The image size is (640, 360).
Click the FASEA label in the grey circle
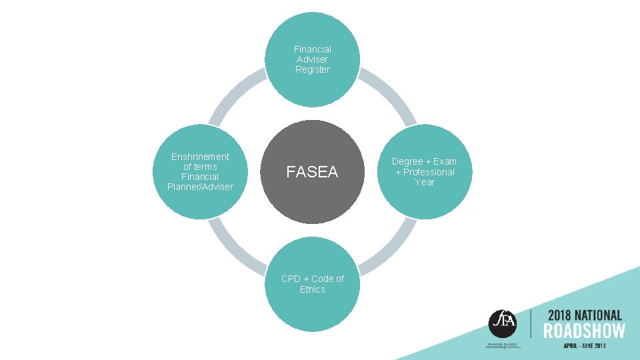click(312, 172)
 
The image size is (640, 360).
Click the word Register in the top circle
click(313, 69)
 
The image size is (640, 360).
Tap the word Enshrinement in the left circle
click(200, 157)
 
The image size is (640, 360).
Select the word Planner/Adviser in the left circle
click(200, 187)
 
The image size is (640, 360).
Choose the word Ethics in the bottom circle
click(313, 289)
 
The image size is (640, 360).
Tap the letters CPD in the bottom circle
click(291, 279)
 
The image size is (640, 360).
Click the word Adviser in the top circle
click(313, 59)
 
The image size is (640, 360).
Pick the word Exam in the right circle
click(445, 162)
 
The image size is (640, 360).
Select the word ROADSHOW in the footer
click(584, 331)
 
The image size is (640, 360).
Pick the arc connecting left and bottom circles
click(235, 249)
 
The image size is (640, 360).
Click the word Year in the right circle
click(425, 182)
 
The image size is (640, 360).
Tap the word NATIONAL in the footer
click(598, 315)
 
